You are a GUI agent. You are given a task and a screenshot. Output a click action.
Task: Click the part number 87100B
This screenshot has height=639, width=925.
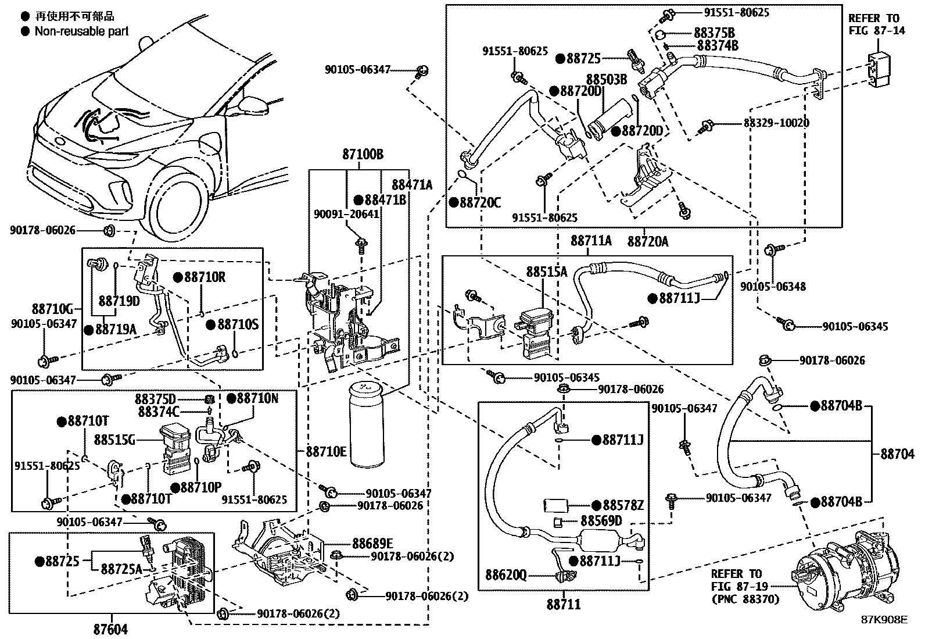[x=363, y=155]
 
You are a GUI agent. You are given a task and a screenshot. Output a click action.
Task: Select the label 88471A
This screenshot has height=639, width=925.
[x=412, y=185]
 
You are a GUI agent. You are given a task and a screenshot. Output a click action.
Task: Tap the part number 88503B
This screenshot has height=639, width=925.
[x=606, y=79]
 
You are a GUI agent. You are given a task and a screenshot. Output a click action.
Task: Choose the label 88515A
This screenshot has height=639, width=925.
[x=547, y=272]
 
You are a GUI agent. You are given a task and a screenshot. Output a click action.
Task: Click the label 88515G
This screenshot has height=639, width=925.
[x=115, y=440]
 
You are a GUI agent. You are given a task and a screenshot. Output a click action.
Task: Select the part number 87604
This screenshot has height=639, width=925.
[x=110, y=629]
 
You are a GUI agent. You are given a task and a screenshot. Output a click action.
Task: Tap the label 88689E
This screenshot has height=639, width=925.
[x=372, y=543]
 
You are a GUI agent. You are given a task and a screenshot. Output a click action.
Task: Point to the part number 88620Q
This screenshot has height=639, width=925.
[x=506, y=576]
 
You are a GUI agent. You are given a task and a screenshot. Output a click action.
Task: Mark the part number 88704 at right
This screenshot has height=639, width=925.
[x=897, y=454]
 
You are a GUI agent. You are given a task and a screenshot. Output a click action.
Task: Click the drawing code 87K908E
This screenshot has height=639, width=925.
[x=884, y=619]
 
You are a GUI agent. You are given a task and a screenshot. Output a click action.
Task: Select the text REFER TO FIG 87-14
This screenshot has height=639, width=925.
[x=877, y=24]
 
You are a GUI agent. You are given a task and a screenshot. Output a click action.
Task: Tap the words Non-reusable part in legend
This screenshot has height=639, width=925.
[x=81, y=31]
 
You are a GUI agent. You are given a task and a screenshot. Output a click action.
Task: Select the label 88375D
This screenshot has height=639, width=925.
[x=155, y=399]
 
